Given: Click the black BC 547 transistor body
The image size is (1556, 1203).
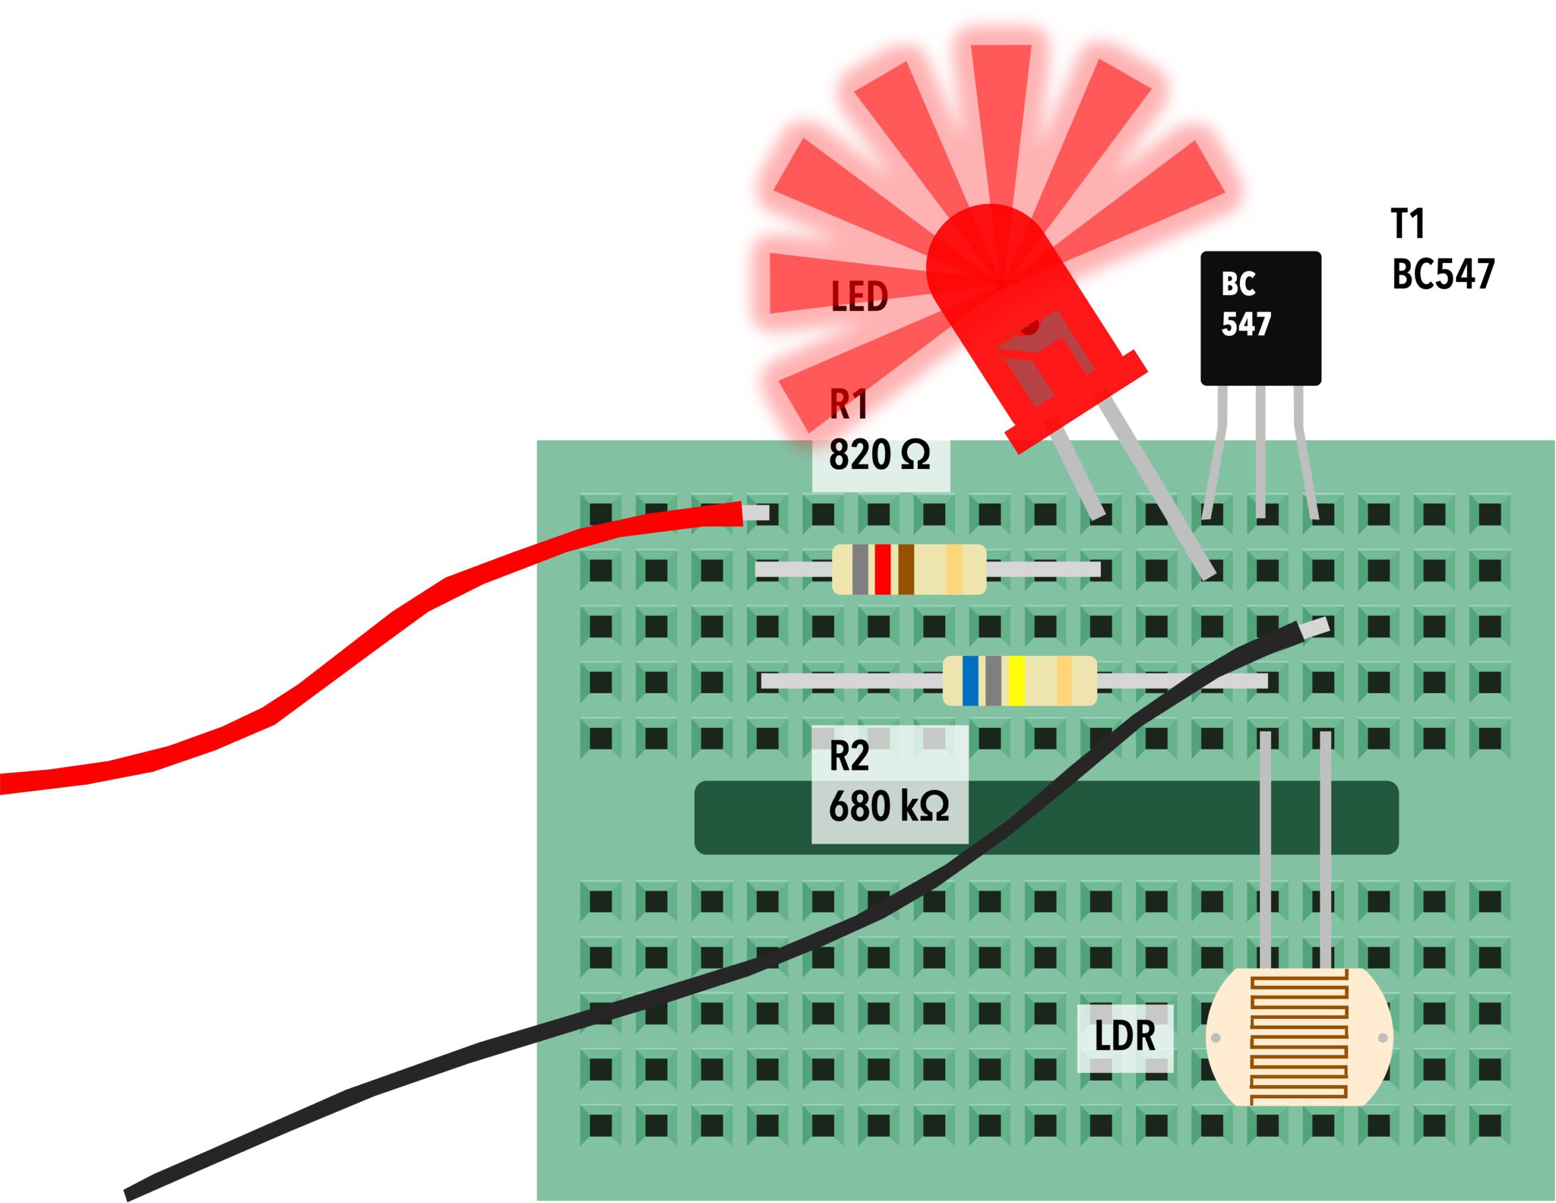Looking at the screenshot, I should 1261,318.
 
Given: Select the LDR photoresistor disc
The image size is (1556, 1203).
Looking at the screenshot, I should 1298,1037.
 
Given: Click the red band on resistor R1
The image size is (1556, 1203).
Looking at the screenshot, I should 883,569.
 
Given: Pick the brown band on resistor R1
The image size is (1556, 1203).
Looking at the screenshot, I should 906,569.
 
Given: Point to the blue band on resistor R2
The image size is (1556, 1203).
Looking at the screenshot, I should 969,681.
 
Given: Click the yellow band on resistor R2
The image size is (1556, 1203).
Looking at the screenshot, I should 1016,681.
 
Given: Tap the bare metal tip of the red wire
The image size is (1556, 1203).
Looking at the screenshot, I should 757,513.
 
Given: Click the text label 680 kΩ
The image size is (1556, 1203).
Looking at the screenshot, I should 889,806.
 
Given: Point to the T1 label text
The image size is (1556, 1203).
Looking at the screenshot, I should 1408,224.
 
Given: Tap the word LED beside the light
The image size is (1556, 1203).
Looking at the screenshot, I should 859,296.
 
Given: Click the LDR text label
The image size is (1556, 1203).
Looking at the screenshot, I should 1124,1036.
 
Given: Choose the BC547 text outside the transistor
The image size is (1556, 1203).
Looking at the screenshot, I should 1443,274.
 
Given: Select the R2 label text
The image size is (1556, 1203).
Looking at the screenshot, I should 849,756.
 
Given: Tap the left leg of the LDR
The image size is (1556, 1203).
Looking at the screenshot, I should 1265,848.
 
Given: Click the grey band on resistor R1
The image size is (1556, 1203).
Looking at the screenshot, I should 860,569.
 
